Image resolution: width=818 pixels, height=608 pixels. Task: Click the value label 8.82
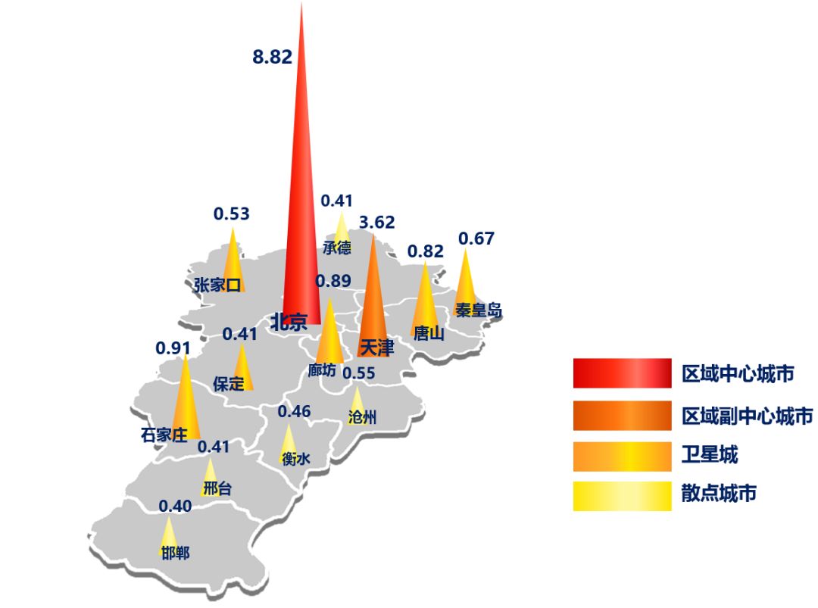[272, 58]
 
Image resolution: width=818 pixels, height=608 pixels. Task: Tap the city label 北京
[289, 322]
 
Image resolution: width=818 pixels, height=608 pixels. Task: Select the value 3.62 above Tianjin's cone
[376, 223]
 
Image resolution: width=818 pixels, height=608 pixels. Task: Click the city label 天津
[376, 348]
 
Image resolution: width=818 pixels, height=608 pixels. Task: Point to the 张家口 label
[217, 285]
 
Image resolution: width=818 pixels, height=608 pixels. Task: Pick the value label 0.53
[231, 214]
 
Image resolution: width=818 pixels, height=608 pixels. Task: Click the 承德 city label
[337, 248]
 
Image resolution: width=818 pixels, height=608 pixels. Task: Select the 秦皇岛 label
[478, 310]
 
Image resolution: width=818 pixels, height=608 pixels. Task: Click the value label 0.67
[476, 239]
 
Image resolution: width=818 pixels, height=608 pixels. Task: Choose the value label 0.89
[333, 282]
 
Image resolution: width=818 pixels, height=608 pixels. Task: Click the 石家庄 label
[164, 435]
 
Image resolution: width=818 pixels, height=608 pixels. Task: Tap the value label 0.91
[173, 349]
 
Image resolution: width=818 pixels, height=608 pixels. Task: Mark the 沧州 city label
[362, 417]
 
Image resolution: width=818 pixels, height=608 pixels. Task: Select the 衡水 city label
[295, 458]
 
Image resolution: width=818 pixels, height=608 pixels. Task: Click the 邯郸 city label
[176, 553]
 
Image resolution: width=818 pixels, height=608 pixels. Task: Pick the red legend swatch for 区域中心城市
[622, 373]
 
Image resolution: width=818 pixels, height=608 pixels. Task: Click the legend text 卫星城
[710, 454]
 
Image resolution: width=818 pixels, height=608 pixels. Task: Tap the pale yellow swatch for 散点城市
[622, 496]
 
